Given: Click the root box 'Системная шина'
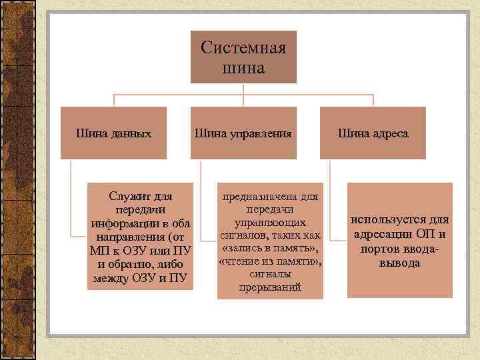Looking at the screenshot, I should coord(243,57).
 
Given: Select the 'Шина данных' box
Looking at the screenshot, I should coord(114,133).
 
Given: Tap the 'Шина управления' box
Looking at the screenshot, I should coord(243,133).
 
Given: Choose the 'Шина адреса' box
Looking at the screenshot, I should coord(373,133).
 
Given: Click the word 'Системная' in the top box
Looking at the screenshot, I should coord(243,48).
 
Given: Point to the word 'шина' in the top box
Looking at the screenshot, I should coord(243,67).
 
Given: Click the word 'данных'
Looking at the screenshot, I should coord(130,133).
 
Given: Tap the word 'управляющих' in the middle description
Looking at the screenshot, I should coord(270,222).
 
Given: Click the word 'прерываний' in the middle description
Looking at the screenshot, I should coord(270,287).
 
